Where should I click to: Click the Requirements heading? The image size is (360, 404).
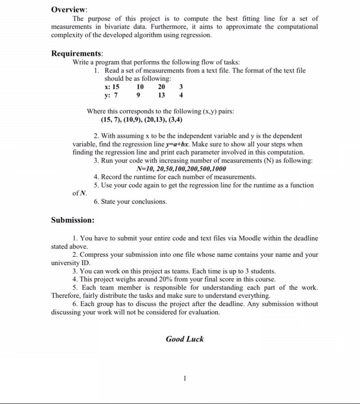(77, 54)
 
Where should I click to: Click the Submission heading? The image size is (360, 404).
(73, 220)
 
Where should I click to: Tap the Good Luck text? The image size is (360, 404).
(185, 339)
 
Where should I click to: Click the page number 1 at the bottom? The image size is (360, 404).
(185, 378)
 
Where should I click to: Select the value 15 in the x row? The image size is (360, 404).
(115, 87)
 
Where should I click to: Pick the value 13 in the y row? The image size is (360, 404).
(161, 95)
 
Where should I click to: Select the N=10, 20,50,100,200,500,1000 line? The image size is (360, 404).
(182, 169)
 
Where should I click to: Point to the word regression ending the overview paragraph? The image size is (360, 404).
(197, 35)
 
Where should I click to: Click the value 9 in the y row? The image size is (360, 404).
(139, 95)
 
